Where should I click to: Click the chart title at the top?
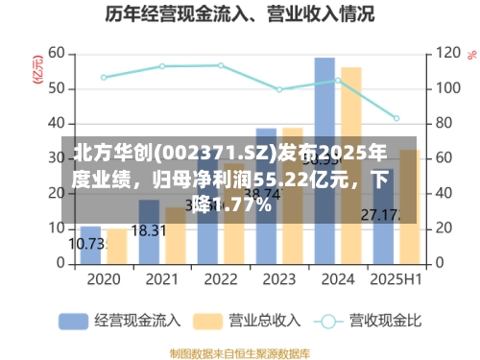[x=239, y=15]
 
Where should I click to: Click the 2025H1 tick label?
[x=396, y=279]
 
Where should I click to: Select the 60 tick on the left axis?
[x=56, y=53]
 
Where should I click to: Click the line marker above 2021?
[x=162, y=66]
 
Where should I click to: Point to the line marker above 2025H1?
[x=396, y=118]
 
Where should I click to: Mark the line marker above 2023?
[x=279, y=89]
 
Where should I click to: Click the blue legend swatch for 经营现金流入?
[x=75, y=321]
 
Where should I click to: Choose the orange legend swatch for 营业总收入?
[x=211, y=321]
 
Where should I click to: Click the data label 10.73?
[x=87, y=244]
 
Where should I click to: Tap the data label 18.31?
[x=148, y=230]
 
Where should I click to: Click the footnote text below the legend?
[x=240, y=350]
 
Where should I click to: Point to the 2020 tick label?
[x=104, y=279]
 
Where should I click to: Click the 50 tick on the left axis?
[x=56, y=88]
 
